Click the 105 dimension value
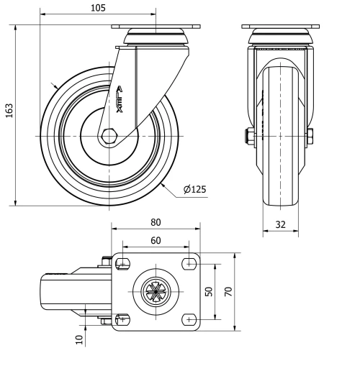98,8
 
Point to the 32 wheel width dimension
281,224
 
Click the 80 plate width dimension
156,222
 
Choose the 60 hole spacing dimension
156,240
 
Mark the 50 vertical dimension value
209,291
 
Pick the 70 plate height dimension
229,291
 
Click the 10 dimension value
79,336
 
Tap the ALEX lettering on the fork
120,99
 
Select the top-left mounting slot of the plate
123,263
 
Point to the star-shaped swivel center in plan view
156,291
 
